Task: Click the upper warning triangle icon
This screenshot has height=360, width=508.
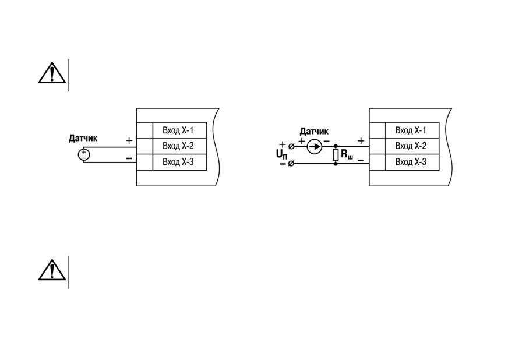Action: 52,73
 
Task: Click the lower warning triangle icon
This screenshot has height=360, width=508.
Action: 52,270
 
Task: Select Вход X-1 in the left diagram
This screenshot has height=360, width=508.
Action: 178,130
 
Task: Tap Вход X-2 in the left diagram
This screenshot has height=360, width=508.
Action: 178,146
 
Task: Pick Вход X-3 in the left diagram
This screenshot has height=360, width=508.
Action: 178,161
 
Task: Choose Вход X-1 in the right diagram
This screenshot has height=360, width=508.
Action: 411,130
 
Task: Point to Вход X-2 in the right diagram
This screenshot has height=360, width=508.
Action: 411,146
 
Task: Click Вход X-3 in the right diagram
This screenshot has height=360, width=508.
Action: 411,161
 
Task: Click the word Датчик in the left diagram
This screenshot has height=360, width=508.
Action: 83,139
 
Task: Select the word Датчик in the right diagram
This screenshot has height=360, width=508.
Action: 314,131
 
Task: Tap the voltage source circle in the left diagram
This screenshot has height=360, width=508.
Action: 84,154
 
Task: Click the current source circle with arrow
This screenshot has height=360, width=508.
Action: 314,147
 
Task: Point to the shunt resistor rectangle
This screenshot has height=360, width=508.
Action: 336,154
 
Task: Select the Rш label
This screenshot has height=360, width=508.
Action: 347,154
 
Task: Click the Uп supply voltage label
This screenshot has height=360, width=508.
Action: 281,154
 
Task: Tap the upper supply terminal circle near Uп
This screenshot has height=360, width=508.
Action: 291,146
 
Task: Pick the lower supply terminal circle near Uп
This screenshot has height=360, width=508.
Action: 291,164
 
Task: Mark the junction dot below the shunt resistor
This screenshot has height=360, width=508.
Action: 336,164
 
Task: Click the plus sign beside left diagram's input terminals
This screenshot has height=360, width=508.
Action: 129,140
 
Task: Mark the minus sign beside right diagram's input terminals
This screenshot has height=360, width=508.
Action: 361,160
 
